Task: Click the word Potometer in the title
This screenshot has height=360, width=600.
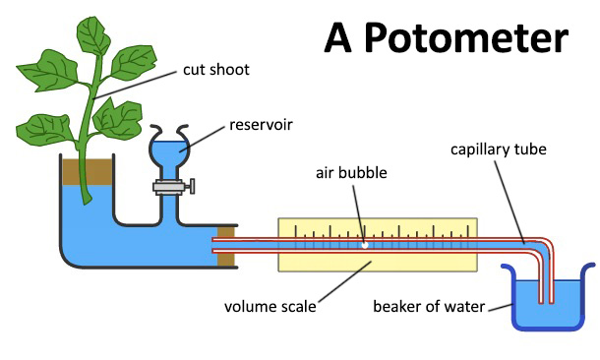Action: click(x=471, y=38)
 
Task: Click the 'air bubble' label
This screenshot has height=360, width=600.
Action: click(x=350, y=173)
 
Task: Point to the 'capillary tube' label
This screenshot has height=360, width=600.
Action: click(x=498, y=150)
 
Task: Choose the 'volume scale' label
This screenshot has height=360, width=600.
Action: click(x=269, y=306)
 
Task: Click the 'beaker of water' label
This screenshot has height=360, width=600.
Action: click(x=428, y=306)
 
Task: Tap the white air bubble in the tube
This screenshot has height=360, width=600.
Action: click(x=365, y=245)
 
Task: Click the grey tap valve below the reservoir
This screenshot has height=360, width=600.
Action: click(x=171, y=185)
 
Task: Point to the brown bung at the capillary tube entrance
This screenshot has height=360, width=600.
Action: click(x=225, y=246)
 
